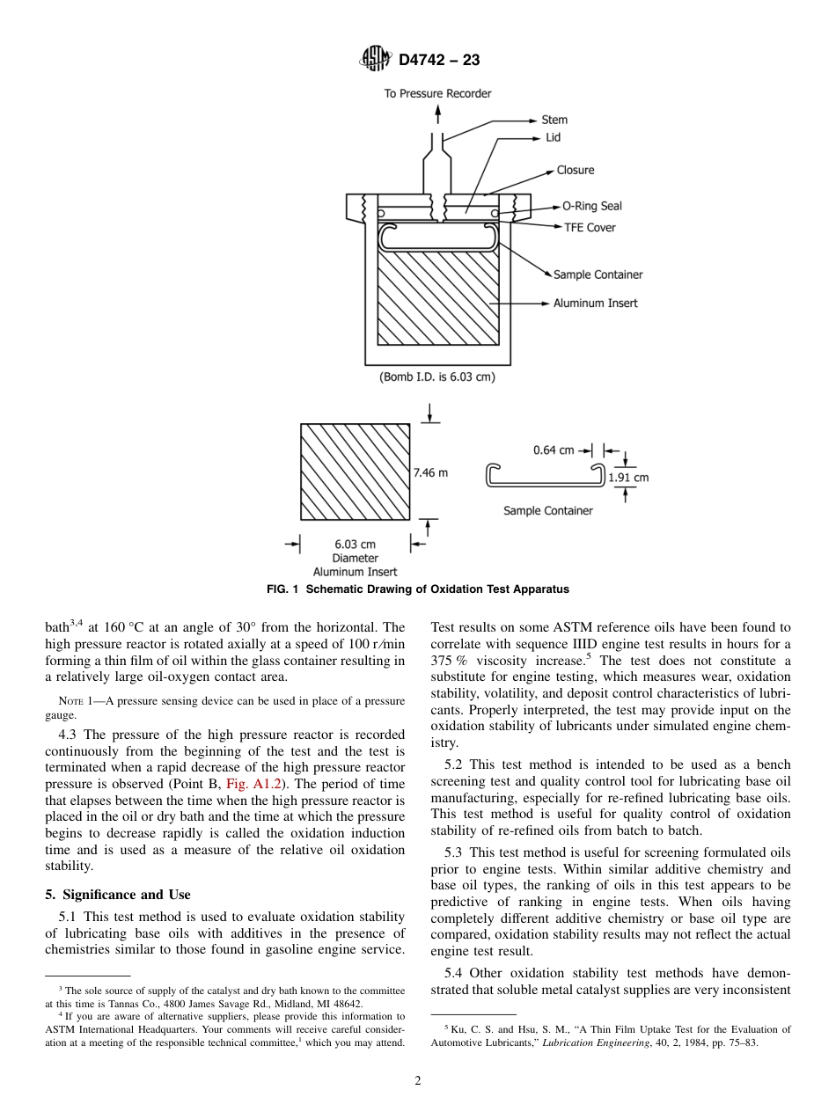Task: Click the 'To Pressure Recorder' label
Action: [437, 93]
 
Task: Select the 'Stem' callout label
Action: [554, 120]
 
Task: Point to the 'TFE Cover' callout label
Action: [590, 227]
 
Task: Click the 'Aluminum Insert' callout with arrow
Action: [595, 304]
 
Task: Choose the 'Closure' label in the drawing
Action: [576, 170]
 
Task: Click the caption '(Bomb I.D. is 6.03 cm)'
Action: [436, 377]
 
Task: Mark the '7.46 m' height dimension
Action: [430, 472]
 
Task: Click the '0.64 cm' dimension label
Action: [554, 450]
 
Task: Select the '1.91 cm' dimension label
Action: [628, 478]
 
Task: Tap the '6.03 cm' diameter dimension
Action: [355, 545]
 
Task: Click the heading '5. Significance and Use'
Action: [117, 895]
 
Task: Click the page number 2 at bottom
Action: [418, 1081]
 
